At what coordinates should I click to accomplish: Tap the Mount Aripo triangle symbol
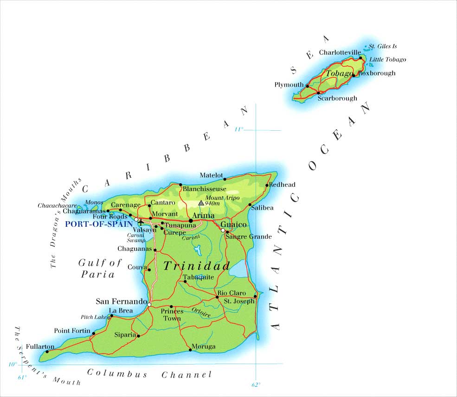coord(201,203)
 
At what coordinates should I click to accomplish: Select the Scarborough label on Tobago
coord(337,98)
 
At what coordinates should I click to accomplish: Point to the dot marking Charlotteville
coord(361,58)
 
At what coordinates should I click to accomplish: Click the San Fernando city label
coord(121,301)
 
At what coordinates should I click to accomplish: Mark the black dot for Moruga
coord(190,350)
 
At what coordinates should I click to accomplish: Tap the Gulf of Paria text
coord(98,269)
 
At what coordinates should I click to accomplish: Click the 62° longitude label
coord(256,384)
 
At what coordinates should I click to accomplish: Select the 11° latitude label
coord(238,129)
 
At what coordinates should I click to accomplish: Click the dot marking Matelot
coord(225,179)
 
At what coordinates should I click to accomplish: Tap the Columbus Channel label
coord(149,374)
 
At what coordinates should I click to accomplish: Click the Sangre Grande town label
coord(248,237)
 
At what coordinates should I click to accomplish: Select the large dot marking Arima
coord(191,221)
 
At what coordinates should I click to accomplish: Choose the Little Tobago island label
coord(387,59)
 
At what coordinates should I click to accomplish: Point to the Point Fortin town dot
coord(94,333)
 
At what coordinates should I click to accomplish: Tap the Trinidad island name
coord(197,266)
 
